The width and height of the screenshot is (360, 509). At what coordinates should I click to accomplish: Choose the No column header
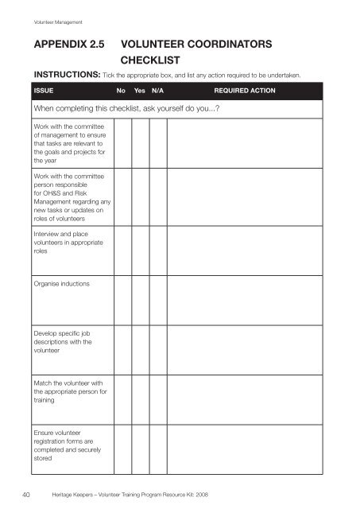pyautogui.click(x=122, y=91)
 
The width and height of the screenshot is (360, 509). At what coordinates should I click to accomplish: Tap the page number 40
pyautogui.click(x=26, y=494)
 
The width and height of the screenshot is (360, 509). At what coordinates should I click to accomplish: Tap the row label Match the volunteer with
pyautogui.click(x=68, y=390)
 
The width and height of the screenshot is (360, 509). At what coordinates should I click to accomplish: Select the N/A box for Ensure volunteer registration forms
pyautogui.click(x=160, y=449)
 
